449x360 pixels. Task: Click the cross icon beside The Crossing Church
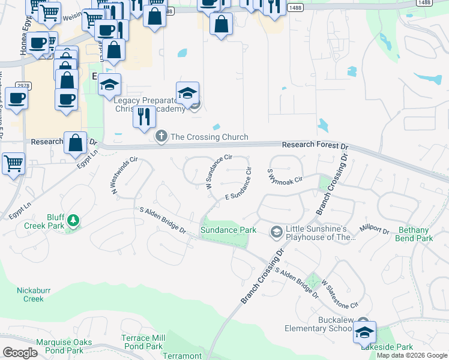click(161, 137)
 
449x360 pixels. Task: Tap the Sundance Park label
click(228, 230)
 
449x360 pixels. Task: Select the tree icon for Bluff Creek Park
click(73, 221)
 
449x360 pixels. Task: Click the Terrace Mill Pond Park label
click(142, 342)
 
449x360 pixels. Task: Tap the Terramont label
click(182, 356)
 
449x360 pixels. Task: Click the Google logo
click(20, 353)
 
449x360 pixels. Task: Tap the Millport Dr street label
click(374, 229)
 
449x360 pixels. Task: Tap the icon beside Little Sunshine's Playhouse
click(276, 231)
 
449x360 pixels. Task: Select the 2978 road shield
click(23, 86)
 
